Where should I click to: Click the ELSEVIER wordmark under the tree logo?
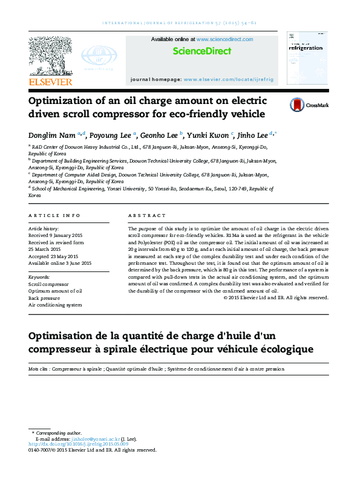(x=50, y=82)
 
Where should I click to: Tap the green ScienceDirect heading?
(x=202, y=51)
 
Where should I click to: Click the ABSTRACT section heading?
(x=147, y=216)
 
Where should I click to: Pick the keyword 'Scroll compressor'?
(x=48, y=284)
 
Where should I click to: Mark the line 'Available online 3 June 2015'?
(x=60, y=263)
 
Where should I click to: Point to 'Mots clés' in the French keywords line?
(x=39, y=368)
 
